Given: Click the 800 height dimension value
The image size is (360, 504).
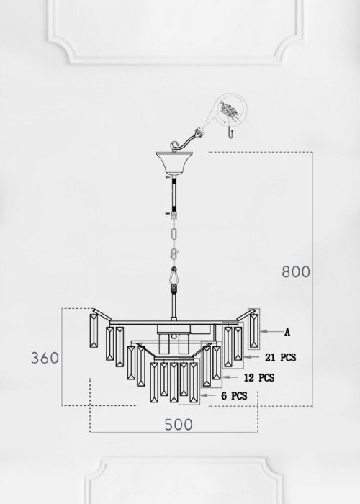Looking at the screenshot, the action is pos(296,271).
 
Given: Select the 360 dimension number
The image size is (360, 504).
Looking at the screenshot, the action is pos(45,358).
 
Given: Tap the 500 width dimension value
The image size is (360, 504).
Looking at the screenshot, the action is pos(179,425).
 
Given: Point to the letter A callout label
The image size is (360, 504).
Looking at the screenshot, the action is pos(287,332).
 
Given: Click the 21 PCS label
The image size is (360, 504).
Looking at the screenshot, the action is pos(280,357).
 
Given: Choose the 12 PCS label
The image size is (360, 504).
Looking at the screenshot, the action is pos(259,377).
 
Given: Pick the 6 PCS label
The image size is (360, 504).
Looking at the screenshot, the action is pos(234,396).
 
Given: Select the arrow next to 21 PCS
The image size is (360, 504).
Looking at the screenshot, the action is pos(252,357).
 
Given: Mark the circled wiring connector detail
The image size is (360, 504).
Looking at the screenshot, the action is pos(231,109).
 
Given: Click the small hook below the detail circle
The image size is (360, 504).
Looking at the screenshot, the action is pos(230,132).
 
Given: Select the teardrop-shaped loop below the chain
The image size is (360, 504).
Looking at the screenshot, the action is pos(174,275).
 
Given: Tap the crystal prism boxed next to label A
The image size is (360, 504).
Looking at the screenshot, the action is pos(254,330).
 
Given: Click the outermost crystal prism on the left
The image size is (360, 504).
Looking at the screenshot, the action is pos(94,330).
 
